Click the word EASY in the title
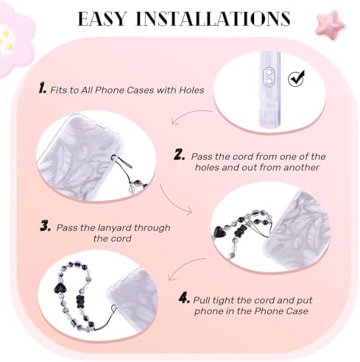point(102,18)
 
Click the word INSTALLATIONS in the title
point(213,18)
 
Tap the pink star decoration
point(331,25)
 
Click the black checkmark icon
point(296,78)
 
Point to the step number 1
point(42,88)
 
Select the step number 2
point(179,155)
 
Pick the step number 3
point(46,226)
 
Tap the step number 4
point(184,299)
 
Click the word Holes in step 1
point(191,90)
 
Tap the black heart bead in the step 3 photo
point(219,232)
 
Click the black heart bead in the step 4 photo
point(59,288)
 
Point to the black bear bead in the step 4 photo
point(80,302)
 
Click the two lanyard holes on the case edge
point(269,77)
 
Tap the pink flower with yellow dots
point(13,40)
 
